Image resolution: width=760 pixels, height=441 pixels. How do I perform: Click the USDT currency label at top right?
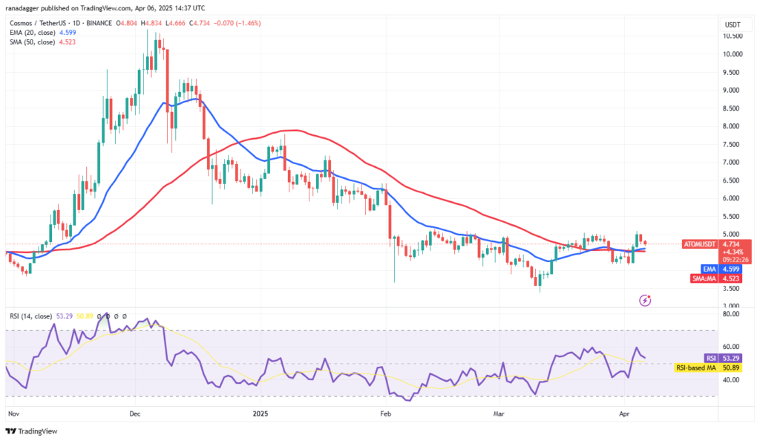pyautogui.click(x=733, y=24)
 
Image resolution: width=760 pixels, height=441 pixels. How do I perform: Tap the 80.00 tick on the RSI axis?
pyautogui.click(x=732, y=314)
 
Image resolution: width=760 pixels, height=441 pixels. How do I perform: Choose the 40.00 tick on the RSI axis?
pyautogui.click(x=732, y=379)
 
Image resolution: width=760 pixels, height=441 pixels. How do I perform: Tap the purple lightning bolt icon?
pyautogui.click(x=645, y=300)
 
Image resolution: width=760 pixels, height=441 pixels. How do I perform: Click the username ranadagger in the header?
pyautogui.click(x=23, y=7)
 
